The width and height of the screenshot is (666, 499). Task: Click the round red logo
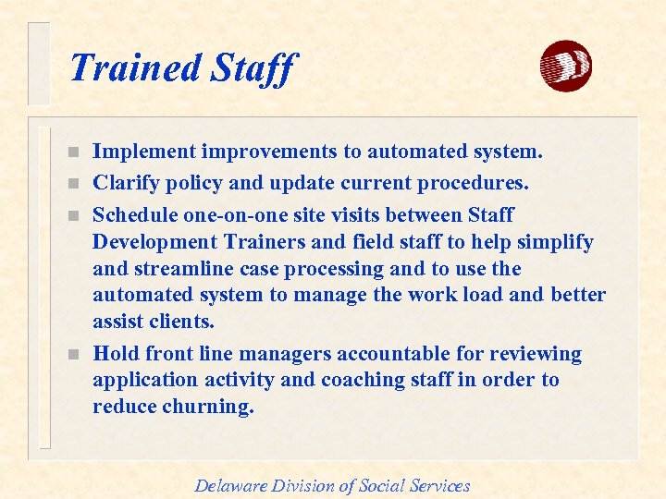point(565,67)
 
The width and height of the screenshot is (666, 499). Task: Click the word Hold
point(116,354)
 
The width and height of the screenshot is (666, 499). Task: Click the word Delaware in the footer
point(230,485)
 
